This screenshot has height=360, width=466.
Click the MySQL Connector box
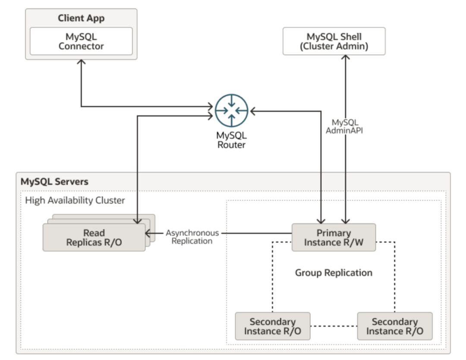[81, 41]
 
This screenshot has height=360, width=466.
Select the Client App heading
[81, 19]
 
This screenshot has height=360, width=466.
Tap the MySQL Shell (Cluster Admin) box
[334, 41]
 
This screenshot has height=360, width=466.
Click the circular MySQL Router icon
[232, 110]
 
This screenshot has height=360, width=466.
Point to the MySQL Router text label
[231, 140]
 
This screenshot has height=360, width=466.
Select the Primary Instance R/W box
[334, 238]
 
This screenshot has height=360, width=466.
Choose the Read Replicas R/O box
[94, 238]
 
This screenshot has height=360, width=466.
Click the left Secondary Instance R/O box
[273, 326]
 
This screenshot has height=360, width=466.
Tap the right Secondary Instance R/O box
[394, 326]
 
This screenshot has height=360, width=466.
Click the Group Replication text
[334, 273]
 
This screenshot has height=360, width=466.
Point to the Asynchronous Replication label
[192, 237]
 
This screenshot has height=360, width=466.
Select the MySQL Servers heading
[54, 182]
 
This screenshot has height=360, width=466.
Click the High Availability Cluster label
[75, 200]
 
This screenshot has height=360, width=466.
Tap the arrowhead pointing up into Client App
[81, 63]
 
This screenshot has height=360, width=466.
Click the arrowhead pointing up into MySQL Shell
[345, 59]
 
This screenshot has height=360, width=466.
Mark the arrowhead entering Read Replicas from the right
[149, 233]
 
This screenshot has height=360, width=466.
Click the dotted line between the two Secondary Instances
[334, 326]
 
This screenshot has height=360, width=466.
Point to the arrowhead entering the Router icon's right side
[253, 111]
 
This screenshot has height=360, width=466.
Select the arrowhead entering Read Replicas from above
[137, 221]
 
